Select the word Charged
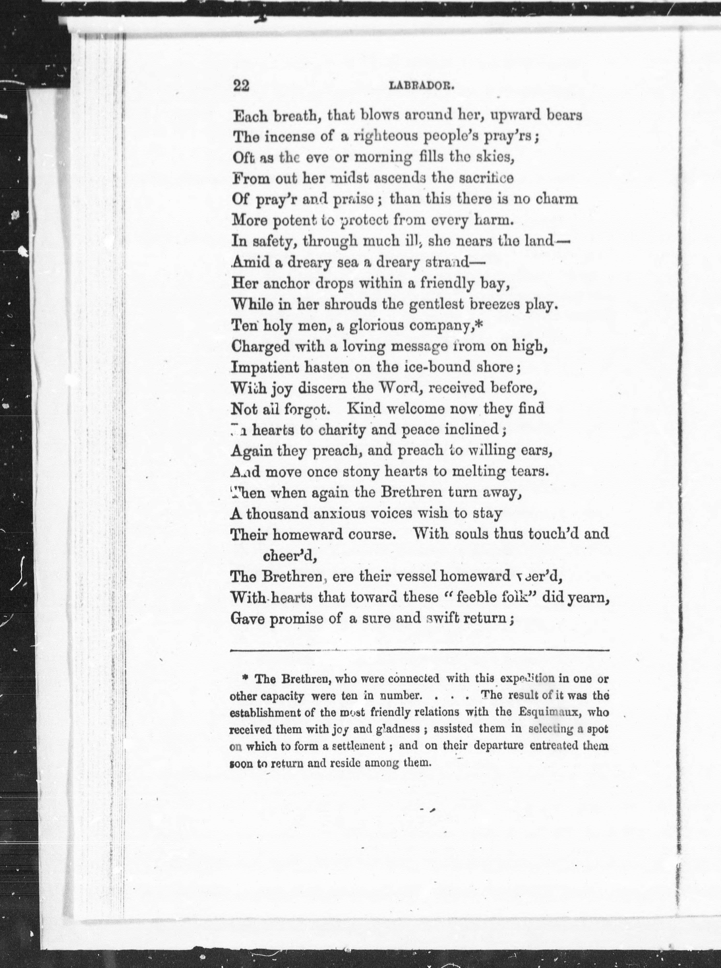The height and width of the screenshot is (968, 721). click(x=260, y=347)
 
